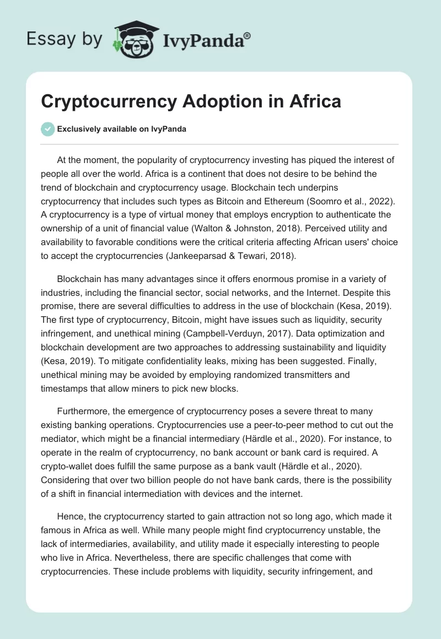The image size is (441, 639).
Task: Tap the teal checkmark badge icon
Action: (x=47, y=129)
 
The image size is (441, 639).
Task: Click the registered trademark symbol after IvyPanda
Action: (x=247, y=35)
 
